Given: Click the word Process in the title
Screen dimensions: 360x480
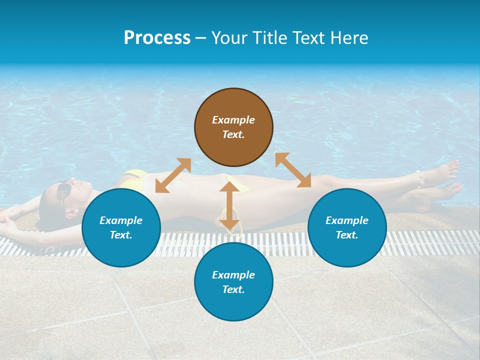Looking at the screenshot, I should pyautogui.click(x=157, y=38).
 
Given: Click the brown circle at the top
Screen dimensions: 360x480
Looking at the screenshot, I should pyautogui.click(x=233, y=127).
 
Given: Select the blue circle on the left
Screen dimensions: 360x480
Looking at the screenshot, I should pyautogui.click(x=121, y=227).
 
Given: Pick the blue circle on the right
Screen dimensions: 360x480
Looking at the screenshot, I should pyautogui.click(x=347, y=227).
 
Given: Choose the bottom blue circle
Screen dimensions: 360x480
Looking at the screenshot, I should pyautogui.click(x=233, y=282).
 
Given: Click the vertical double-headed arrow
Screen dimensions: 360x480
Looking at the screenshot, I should pyautogui.click(x=229, y=205).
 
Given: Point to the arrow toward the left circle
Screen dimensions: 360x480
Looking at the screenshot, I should pyautogui.click(x=173, y=175).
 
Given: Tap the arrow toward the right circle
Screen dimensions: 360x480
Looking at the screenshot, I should pyautogui.click(x=293, y=170).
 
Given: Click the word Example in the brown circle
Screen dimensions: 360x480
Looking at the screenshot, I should pyautogui.click(x=233, y=120).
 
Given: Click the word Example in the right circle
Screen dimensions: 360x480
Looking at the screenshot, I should pyautogui.click(x=347, y=220).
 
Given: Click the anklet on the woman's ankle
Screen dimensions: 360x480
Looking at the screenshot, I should pyautogui.click(x=420, y=178).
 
